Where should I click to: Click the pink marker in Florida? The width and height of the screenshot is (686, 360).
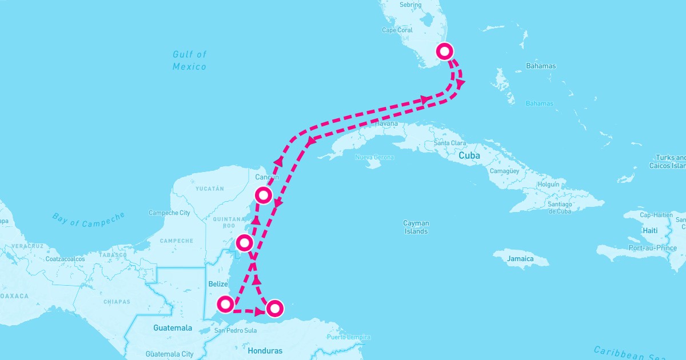tap(445, 51)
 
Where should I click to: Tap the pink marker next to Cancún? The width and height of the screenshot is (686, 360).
tap(263, 195)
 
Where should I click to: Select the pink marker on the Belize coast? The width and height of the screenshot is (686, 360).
tap(225, 304)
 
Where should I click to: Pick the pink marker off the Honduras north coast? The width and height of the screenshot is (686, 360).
tap(275, 309)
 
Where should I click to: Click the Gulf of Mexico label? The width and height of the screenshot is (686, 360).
tap(189, 60)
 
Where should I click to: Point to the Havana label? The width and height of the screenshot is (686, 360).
tap(386, 123)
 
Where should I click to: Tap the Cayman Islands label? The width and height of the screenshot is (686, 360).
tap(416, 227)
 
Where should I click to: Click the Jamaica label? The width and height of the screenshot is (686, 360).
tap(520, 259)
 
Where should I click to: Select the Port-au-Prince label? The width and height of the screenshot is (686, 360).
tap(652, 248)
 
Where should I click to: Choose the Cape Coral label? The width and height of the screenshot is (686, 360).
tap(397, 30)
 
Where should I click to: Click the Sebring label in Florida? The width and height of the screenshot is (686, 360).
tap(410, 5)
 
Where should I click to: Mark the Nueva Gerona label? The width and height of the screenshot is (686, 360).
tap(374, 157)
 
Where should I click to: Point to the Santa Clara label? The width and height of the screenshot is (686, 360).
tap(449, 143)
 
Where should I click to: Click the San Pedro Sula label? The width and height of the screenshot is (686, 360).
tap(236, 330)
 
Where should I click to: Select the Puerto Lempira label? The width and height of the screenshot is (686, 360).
tap(348, 337)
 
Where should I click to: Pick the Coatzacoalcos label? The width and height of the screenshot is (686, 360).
tap(65, 259)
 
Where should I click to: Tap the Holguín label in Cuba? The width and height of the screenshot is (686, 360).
tap(548, 185)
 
